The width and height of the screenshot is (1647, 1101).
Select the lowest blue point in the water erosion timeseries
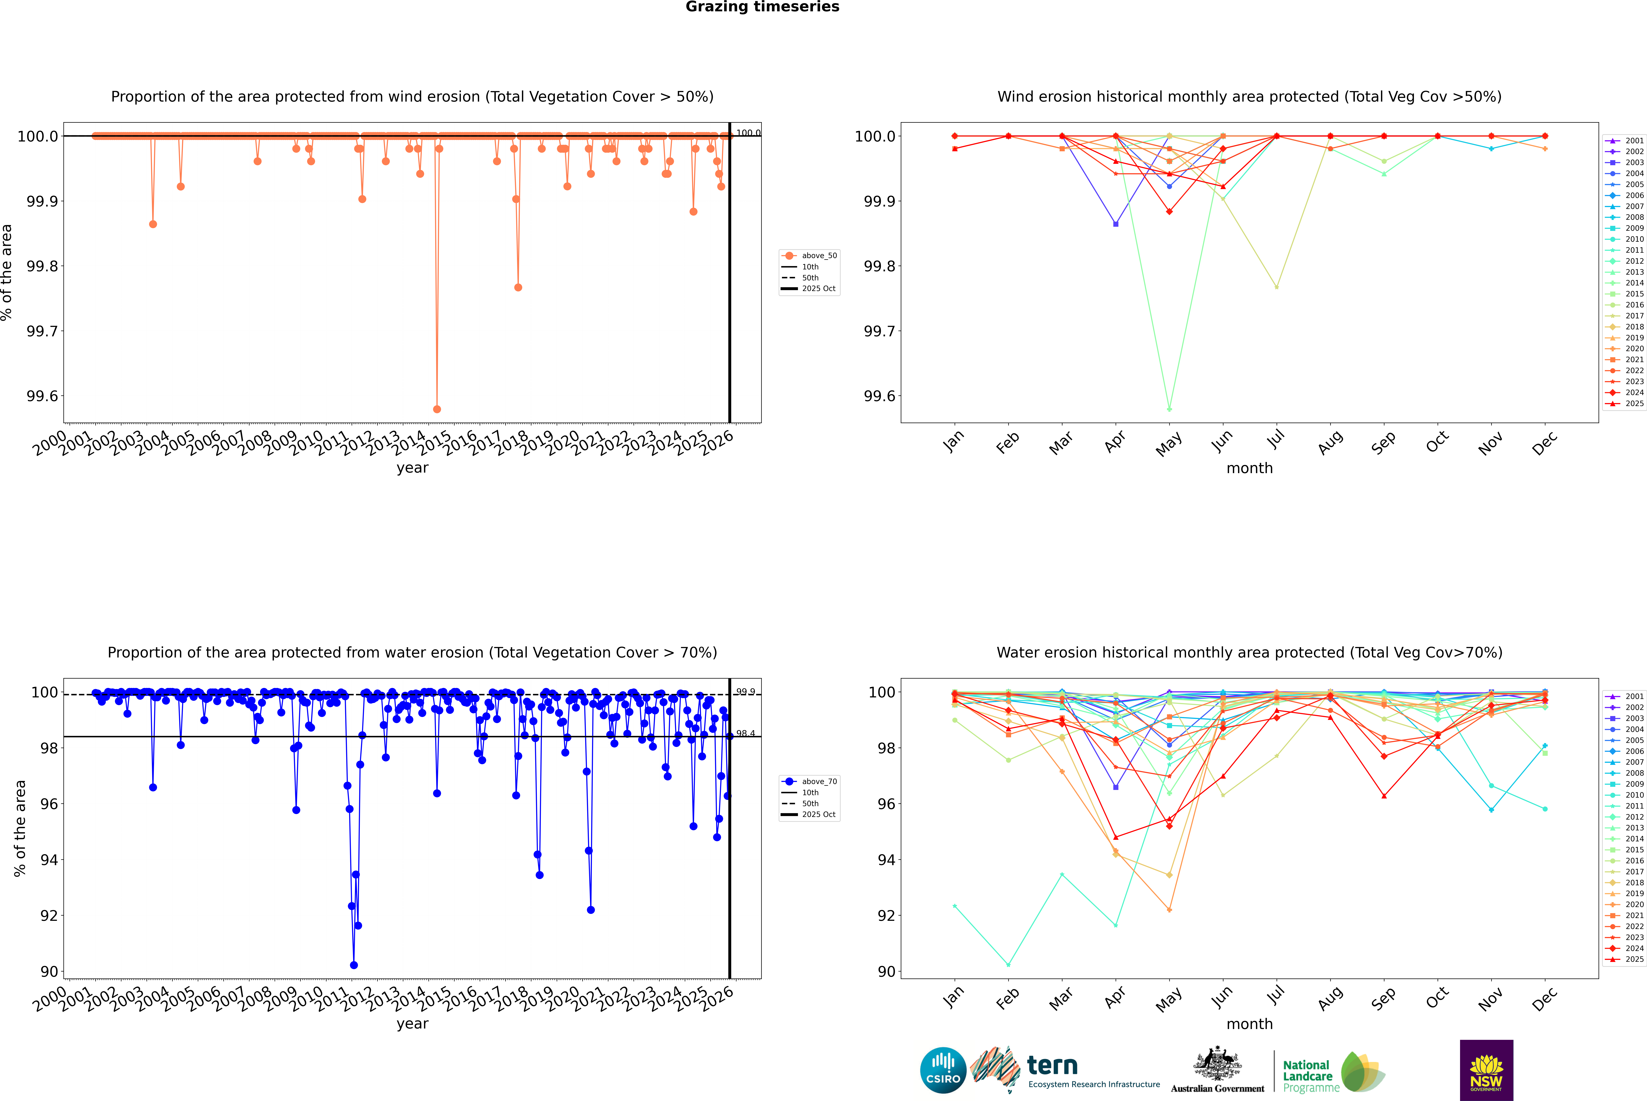pyautogui.click(x=354, y=965)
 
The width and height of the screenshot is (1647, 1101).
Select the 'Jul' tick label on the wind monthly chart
pyautogui.click(x=1276, y=440)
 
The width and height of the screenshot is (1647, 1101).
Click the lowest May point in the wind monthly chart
pyautogui.click(x=1169, y=409)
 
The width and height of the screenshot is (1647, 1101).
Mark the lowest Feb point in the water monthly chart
pyautogui.click(x=1008, y=965)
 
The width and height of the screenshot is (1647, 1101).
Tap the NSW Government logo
pyautogui.click(x=1486, y=1070)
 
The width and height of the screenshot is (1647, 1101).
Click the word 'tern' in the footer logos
pyautogui.click(x=1052, y=1065)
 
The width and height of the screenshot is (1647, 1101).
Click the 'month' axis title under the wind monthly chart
pyautogui.click(x=1249, y=468)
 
